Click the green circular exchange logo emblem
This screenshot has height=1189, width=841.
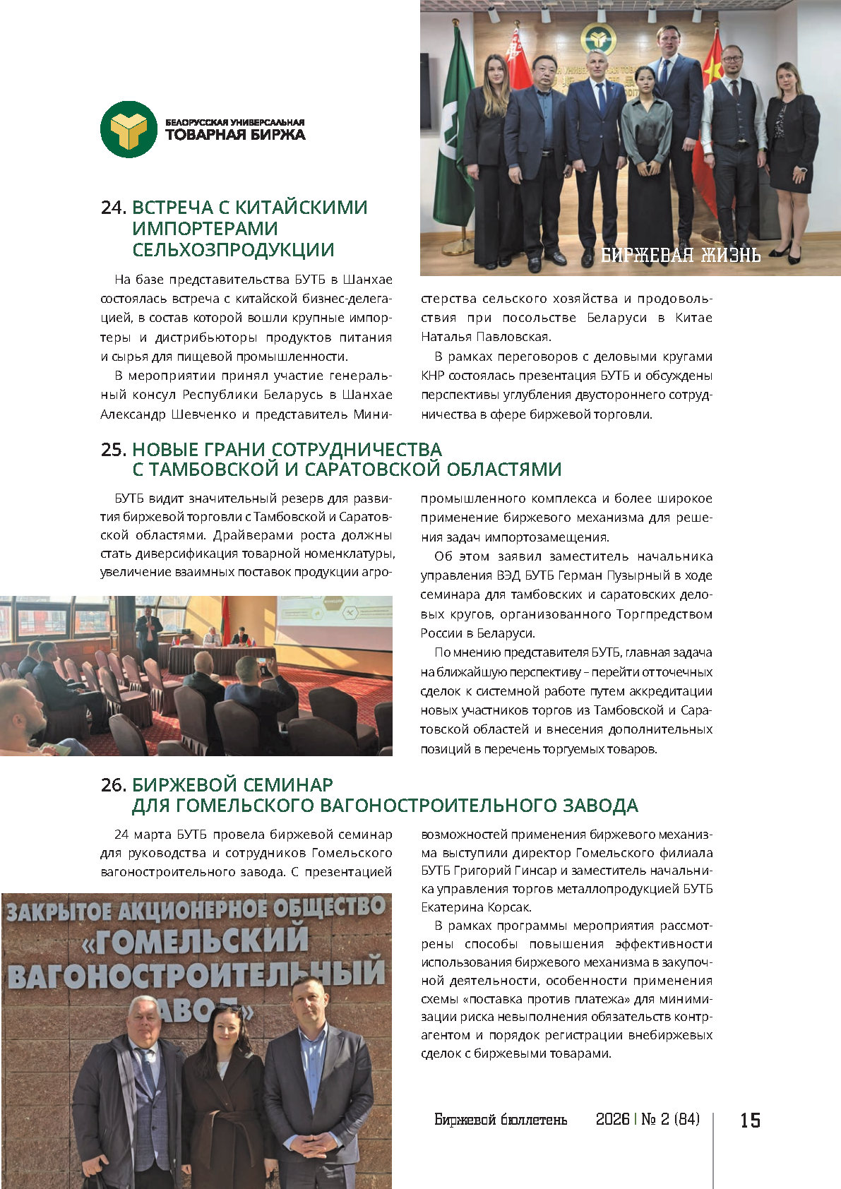pyautogui.click(x=128, y=129)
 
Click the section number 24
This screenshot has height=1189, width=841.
pyautogui.click(x=113, y=208)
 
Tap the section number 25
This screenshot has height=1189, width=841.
pyautogui.click(x=113, y=450)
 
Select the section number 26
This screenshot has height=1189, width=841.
pyautogui.click(x=113, y=785)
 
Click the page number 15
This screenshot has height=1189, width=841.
pyautogui.click(x=750, y=1120)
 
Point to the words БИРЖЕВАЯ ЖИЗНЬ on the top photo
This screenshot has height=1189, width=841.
pyautogui.click(x=681, y=255)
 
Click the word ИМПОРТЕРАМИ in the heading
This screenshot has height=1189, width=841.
pyautogui.click(x=205, y=229)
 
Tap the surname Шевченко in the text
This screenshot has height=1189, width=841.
pyautogui.click(x=203, y=414)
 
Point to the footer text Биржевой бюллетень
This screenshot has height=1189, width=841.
pyautogui.click(x=501, y=1120)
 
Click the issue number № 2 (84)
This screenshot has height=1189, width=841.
pyautogui.click(x=670, y=1120)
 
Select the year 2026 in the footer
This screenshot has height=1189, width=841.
pyautogui.click(x=612, y=1120)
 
